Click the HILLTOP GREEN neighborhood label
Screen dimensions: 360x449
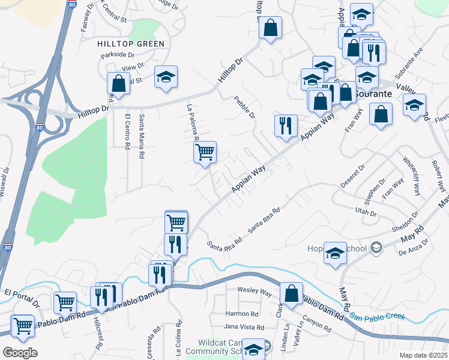click(x=131, y=44)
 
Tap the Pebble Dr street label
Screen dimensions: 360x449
click(x=245, y=107)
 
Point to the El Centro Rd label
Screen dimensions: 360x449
click(x=127, y=132)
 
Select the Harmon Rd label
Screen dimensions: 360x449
click(x=242, y=314)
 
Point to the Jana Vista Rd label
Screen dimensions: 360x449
click(x=244, y=328)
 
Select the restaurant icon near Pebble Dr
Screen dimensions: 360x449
click(x=285, y=125)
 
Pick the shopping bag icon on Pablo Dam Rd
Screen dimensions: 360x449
click(x=291, y=293)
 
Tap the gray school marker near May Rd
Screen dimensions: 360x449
click(x=376, y=247)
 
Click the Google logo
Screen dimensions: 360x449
click(x=20, y=353)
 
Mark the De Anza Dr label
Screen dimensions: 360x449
click(x=414, y=247)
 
